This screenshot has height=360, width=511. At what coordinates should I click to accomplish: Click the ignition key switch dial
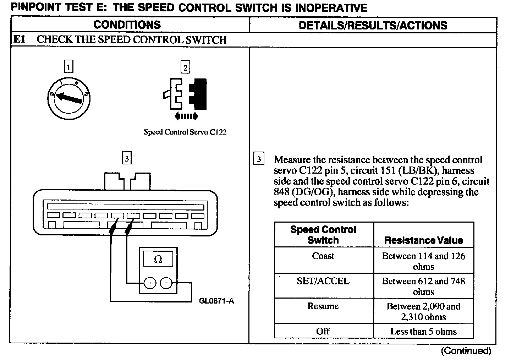pyautogui.click(x=69, y=98)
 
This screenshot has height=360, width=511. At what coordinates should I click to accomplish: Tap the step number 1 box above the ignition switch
pyautogui.click(x=68, y=66)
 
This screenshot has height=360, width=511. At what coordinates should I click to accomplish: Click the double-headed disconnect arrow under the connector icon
pyautogui.click(x=186, y=116)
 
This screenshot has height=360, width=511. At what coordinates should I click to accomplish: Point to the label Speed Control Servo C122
pyautogui.click(x=185, y=132)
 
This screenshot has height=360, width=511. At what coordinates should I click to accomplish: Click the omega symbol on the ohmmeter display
pyautogui.click(x=158, y=260)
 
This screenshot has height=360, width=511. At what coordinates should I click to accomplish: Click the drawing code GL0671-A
pyautogui.click(x=216, y=301)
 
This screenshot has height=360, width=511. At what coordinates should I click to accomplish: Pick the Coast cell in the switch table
pyautogui.click(x=323, y=256)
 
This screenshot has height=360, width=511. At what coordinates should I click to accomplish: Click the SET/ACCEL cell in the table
pyautogui.click(x=323, y=281)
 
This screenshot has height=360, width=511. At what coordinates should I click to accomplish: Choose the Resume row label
pyautogui.click(x=323, y=306)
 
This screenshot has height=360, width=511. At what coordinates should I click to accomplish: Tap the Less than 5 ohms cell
pyautogui.click(x=423, y=332)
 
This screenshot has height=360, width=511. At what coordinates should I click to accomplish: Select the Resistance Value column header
pyautogui.click(x=423, y=240)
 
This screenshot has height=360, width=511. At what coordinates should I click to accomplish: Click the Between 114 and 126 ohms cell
pyautogui.click(x=423, y=261)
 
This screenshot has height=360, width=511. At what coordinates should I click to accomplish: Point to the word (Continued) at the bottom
pyautogui.click(x=466, y=351)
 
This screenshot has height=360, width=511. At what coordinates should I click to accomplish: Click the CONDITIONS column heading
pyautogui.click(x=127, y=25)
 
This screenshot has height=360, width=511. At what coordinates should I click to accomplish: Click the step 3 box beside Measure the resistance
pyautogui.click(x=259, y=159)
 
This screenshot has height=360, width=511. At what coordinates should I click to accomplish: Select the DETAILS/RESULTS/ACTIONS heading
pyautogui.click(x=373, y=25)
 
